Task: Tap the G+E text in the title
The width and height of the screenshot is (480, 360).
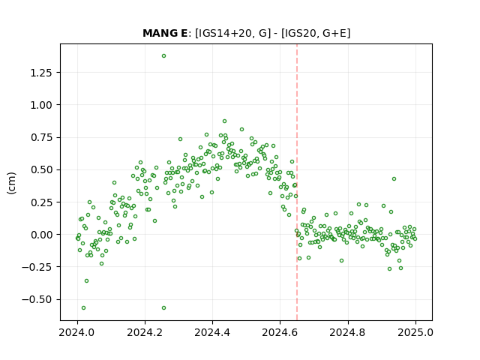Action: click(334, 33)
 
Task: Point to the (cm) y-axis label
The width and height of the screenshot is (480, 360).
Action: click(11, 183)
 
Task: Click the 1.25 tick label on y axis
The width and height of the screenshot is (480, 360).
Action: click(41, 73)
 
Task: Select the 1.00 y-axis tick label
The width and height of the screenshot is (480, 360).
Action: click(41, 105)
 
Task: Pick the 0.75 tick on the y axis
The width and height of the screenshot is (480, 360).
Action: click(41, 137)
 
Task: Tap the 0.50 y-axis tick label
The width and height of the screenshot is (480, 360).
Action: click(41, 170)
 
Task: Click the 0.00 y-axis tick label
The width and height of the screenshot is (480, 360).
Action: click(41, 235)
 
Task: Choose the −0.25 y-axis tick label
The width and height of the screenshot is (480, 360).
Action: click(37, 267)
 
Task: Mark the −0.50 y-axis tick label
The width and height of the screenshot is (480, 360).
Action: click(37, 299)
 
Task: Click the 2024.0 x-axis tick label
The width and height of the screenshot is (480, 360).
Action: click(77, 332)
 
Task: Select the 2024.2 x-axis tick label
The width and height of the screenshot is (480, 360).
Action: click(145, 332)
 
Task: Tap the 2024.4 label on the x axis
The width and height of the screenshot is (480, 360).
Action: click(212, 332)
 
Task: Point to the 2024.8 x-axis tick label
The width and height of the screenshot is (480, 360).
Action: click(348, 332)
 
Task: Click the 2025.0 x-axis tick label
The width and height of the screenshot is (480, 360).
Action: click(415, 332)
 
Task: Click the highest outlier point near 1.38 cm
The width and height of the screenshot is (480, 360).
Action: click(163, 56)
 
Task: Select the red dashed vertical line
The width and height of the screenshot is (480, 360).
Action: click(297, 182)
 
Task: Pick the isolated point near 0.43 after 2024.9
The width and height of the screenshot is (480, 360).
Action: click(394, 178)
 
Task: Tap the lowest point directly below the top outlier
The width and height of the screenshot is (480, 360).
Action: click(163, 308)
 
